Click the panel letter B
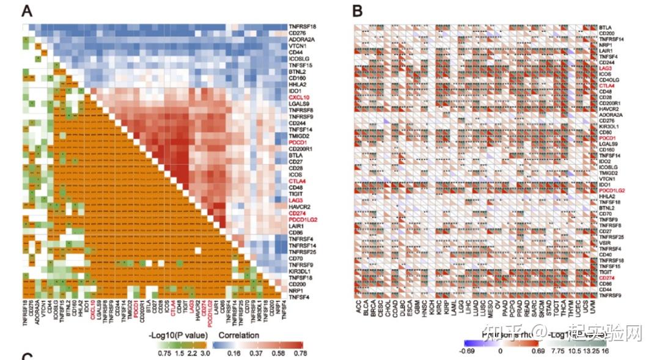click(358, 10)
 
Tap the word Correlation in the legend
click(238, 336)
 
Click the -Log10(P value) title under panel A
click(173, 336)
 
